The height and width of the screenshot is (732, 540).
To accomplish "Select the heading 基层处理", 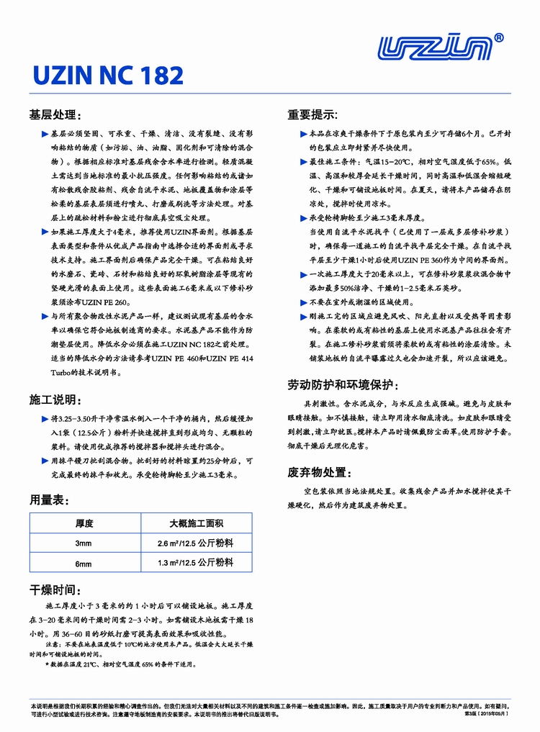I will click(x=60, y=115).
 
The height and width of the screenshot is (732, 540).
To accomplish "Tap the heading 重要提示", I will click(x=313, y=115).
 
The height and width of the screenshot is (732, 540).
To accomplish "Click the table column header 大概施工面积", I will click(x=196, y=523).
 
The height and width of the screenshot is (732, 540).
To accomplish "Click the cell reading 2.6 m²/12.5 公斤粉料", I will click(x=196, y=543).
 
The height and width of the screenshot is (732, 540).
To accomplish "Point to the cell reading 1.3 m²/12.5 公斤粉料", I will click(x=196, y=563).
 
